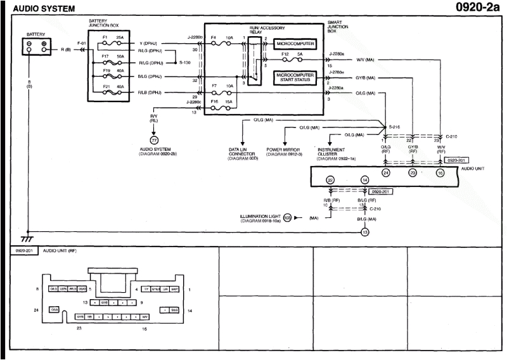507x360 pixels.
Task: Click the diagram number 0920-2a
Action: tap(475, 8)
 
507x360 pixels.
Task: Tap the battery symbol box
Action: tap(35, 46)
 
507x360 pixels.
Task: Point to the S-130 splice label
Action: tap(184, 63)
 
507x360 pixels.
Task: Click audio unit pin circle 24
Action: tap(385, 172)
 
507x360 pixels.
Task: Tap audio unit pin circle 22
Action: tap(330, 181)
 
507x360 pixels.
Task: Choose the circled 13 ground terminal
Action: tap(364, 232)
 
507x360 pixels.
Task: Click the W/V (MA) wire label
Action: tap(366, 60)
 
